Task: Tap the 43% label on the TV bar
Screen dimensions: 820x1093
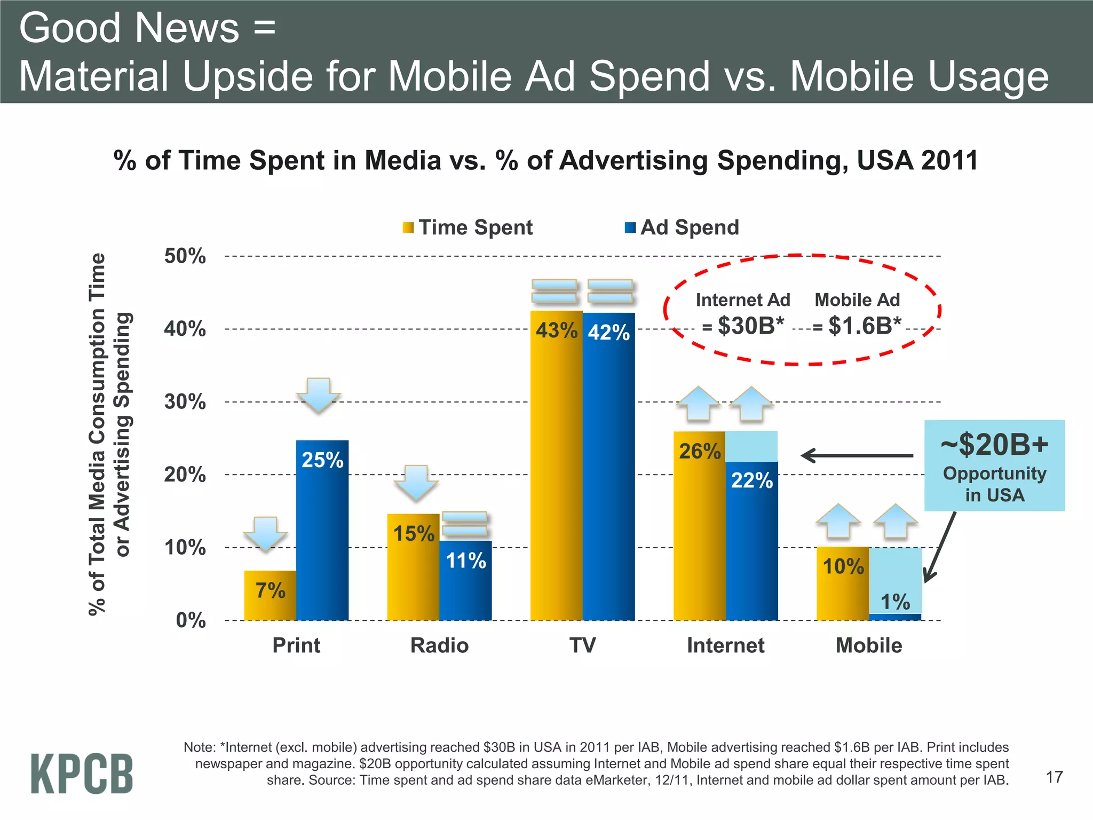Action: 556,330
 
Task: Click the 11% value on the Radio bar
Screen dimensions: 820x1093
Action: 466,561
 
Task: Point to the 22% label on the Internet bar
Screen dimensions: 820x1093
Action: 751,480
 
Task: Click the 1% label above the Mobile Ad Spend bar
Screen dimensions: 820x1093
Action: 895,602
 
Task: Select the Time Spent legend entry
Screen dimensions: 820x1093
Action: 468,227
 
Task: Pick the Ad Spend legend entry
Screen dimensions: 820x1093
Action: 682,227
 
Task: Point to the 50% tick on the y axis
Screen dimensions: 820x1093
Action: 185,256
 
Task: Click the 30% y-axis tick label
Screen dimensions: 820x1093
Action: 185,402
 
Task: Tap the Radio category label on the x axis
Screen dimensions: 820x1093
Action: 439,645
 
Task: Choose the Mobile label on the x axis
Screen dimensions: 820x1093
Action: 868,645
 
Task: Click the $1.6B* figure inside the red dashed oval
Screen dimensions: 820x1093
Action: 864,326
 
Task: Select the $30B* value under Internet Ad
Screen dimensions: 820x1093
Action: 750,326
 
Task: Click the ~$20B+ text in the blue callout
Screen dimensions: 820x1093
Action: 994,445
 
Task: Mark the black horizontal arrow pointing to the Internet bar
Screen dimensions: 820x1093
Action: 857,455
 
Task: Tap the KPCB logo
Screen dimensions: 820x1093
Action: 82,774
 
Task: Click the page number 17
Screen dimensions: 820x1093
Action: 1054,777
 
